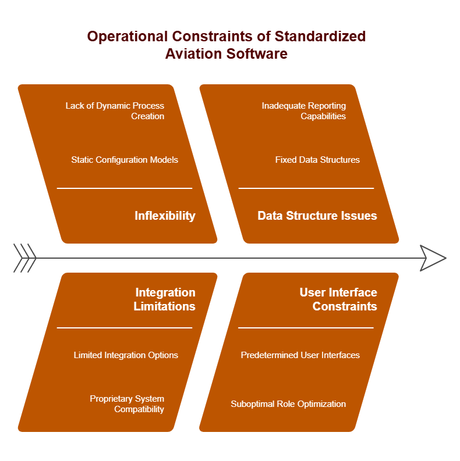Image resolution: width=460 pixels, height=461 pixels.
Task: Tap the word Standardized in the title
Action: (x=320, y=37)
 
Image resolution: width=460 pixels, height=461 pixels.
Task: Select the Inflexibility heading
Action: (x=165, y=216)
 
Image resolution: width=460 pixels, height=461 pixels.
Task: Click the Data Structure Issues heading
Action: (x=317, y=216)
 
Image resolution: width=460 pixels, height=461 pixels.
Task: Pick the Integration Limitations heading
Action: (x=165, y=299)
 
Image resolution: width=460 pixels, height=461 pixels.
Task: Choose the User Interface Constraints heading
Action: (x=338, y=299)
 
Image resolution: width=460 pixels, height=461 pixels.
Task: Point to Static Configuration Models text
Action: (x=125, y=160)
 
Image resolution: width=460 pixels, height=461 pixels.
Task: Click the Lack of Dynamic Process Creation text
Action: (x=115, y=111)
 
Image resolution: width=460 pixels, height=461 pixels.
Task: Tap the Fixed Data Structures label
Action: (x=317, y=160)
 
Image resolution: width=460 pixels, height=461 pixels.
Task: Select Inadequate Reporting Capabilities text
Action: (x=304, y=111)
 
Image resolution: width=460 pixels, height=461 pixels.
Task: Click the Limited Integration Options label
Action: (x=126, y=355)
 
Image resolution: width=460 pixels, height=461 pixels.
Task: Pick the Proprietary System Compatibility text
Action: (x=127, y=403)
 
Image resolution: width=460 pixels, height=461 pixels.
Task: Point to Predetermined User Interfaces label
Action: (x=300, y=355)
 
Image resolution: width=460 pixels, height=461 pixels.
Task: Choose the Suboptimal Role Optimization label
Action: (x=288, y=404)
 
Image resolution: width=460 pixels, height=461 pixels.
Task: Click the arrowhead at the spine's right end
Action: (x=433, y=258)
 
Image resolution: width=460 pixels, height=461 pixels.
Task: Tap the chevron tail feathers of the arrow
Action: (x=24, y=258)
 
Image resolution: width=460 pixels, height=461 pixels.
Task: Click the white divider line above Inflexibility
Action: (x=125, y=188)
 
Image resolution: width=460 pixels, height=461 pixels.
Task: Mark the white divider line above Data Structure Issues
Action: (x=306, y=188)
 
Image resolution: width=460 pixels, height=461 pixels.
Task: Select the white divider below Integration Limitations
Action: (x=125, y=327)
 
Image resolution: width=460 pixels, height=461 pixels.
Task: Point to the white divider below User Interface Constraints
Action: (x=306, y=327)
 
